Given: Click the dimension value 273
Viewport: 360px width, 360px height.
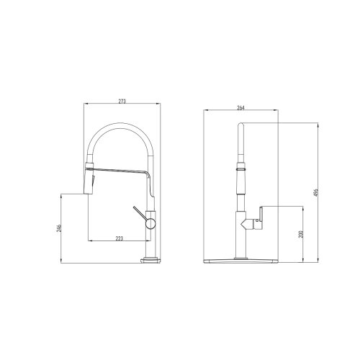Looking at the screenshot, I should (x=122, y=102).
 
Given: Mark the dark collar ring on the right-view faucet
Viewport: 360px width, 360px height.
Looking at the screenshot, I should (x=241, y=168).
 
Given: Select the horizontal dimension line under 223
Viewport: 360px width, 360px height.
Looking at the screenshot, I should (x=119, y=240).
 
